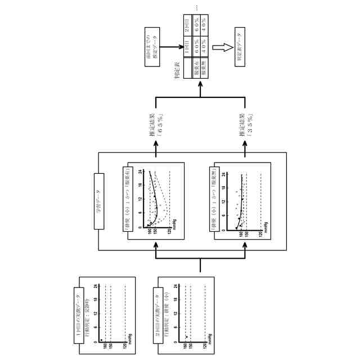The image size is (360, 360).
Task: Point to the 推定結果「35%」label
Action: point(246,128)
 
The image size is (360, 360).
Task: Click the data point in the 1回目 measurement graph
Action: point(101,340)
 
